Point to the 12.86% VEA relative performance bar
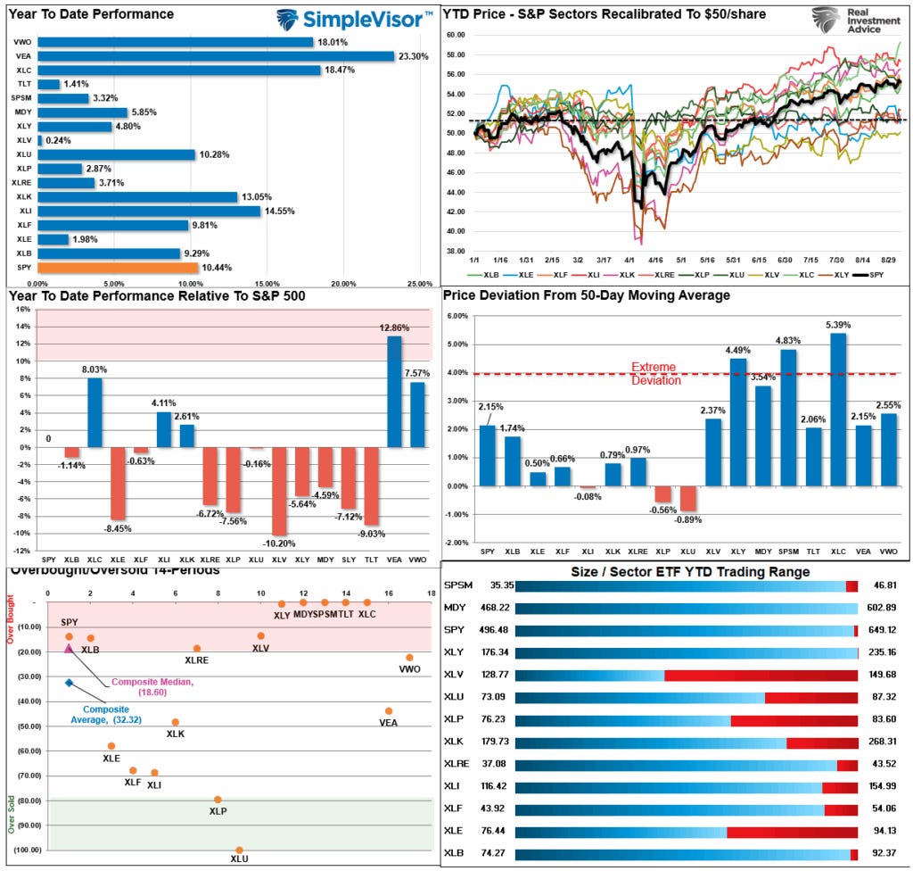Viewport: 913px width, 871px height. (394, 391)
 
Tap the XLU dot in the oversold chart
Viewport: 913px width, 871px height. (239, 850)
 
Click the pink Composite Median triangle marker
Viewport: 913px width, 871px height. (70, 648)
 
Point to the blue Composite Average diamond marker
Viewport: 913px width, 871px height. (70, 683)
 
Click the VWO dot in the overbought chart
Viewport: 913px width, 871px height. (409, 658)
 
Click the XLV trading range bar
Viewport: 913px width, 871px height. (686, 676)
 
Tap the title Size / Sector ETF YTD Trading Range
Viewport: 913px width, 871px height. (677, 571)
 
